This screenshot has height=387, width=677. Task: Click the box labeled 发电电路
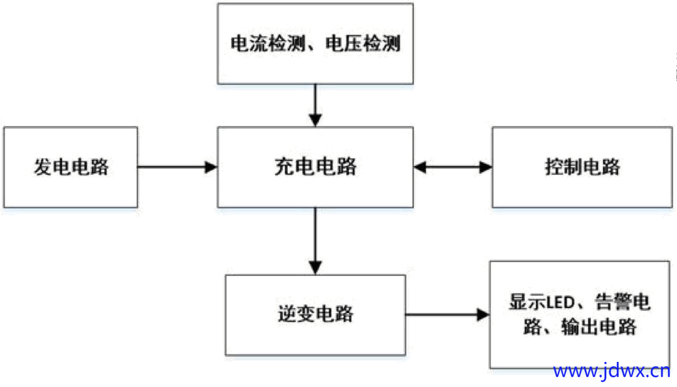pos(71,167)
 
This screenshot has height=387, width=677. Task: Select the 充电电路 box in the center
pos(315,167)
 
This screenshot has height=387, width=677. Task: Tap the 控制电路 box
pos(582,167)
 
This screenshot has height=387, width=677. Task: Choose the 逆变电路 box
pos(315,315)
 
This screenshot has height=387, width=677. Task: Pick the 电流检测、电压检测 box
pos(315,44)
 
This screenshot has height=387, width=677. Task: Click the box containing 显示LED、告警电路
pos(580,315)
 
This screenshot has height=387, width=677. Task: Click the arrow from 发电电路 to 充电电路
pos(177,167)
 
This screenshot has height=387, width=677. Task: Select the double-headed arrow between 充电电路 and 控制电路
pos(453,167)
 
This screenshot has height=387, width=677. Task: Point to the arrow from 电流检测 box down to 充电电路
pos(315,105)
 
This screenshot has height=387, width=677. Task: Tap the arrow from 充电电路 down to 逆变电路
pos(315,241)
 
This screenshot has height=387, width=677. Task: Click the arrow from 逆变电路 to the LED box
pos(448,314)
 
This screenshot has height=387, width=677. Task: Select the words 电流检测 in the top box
pos(268,44)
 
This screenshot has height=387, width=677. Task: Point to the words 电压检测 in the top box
pos(363,44)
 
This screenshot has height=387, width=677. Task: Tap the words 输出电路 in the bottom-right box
pos(599,327)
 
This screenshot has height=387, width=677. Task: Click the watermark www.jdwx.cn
pos(611,371)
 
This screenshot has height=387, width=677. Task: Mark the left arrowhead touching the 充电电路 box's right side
pos(420,167)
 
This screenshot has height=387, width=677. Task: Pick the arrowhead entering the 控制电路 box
pos(486,167)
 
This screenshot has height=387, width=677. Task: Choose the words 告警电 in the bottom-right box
pos(622,302)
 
